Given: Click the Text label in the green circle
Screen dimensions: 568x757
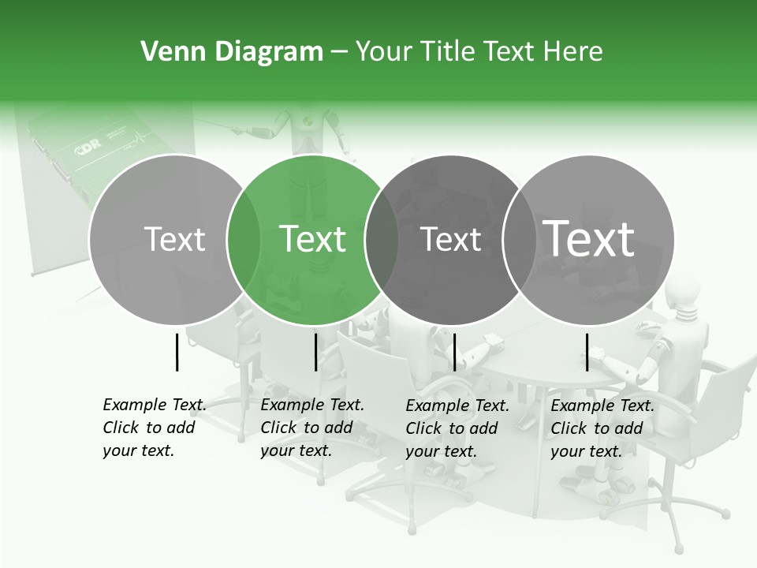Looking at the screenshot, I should [313, 238].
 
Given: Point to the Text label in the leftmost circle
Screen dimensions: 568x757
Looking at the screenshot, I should [174, 239].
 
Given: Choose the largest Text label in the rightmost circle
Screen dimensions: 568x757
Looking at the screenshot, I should [589, 238].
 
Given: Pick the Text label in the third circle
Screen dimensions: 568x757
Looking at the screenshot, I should [450, 239].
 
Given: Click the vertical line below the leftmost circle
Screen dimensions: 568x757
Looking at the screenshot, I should [177, 352].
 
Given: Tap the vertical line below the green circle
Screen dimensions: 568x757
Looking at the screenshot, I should [315, 352].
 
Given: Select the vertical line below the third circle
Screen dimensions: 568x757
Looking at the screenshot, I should [454, 352].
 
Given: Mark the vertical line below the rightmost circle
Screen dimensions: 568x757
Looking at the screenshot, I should [587, 352].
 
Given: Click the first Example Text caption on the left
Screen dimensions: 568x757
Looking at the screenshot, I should [155, 428].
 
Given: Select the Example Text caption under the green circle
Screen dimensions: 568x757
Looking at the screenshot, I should [312, 428].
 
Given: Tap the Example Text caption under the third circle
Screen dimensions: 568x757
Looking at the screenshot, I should [457, 428].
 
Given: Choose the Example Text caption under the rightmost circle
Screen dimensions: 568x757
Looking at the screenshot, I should [602, 428].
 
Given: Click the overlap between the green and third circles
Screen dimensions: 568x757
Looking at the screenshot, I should [382, 240].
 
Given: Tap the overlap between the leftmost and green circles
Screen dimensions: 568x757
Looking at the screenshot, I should [244, 240].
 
